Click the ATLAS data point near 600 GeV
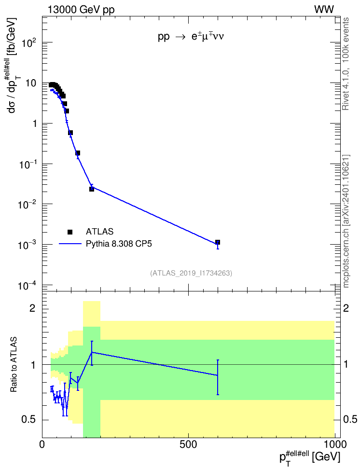(x=218, y=242)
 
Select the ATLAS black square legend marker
(x=70, y=232)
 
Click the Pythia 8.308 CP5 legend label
(x=119, y=244)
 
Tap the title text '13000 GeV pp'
(x=81, y=10)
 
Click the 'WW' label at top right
(x=324, y=10)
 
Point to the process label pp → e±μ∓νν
(x=191, y=37)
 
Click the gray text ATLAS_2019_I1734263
(x=191, y=273)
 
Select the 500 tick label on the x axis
(x=188, y=444)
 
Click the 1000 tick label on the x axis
(x=335, y=444)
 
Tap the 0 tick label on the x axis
(x=42, y=444)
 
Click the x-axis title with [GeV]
(x=310, y=457)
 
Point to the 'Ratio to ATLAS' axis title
(x=14, y=364)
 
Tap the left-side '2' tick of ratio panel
(x=32, y=308)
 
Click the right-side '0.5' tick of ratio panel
(x=350, y=420)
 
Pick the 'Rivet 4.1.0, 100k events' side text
(x=346, y=64)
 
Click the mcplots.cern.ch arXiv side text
(x=346, y=221)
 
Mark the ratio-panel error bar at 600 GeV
(x=218, y=377)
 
